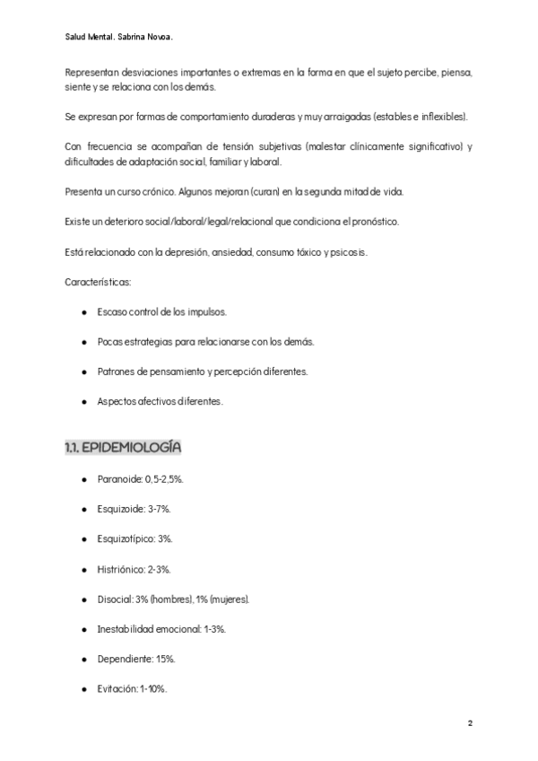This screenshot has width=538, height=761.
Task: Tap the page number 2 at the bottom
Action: [x=470, y=722]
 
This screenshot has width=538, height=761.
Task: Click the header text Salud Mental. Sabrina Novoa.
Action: [x=119, y=38]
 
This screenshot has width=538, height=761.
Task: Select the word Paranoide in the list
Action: [x=114, y=480]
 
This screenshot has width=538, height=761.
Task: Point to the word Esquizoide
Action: [x=116, y=510]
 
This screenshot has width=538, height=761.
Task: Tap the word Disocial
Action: [x=113, y=599]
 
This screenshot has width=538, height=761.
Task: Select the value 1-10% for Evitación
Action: [x=153, y=688]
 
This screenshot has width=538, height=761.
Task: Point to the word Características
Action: [x=98, y=282]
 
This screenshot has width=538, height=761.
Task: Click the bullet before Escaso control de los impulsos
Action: [x=83, y=311]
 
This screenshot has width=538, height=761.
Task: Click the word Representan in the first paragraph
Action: [x=92, y=72]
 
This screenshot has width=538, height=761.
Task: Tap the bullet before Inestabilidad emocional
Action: [x=83, y=629]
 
